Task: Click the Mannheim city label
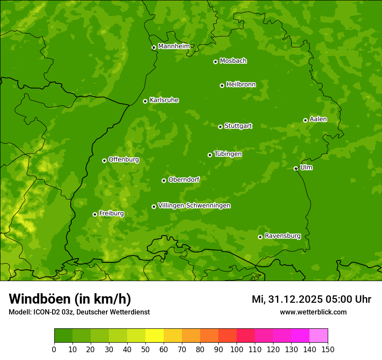pos(174,46)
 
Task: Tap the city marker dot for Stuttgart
pos(220,127)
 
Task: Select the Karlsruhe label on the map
pos(164,100)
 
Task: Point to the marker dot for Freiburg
pos(95,214)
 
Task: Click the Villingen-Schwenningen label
pos(194,206)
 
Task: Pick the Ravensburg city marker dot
pos(260,237)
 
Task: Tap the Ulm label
pos(306,167)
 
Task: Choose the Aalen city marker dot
pos(305,120)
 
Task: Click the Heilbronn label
pos(241,85)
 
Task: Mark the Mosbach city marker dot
pos(215,62)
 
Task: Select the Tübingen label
pos(228,154)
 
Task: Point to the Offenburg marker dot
pos(104,160)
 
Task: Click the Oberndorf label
pos(184,180)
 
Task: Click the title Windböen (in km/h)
pos(70,299)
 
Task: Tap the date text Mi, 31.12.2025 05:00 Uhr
pos(311,299)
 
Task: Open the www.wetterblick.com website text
pos(313,312)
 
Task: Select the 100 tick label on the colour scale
pos(237,350)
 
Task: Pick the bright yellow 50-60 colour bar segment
pos(155,335)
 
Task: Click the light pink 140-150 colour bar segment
pos(319,335)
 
